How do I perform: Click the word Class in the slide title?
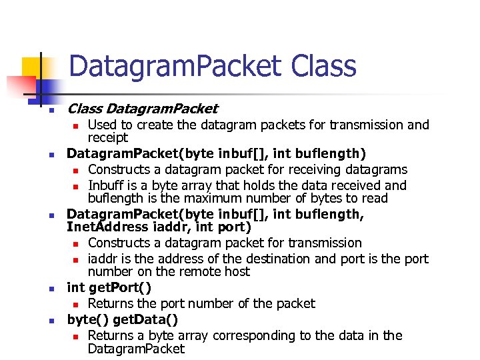[x=323, y=67]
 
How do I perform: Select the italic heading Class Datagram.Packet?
[x=143, y=108]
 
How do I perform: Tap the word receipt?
[x=108, y=137]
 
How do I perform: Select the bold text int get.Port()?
[x=109, y=288]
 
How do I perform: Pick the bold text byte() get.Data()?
[x=123, y=319]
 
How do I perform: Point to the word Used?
[x=102, y=125]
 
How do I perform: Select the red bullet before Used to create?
[x=77, y=125]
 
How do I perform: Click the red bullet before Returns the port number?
[x=77, y=304]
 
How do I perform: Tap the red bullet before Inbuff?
[x=77, y=186]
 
